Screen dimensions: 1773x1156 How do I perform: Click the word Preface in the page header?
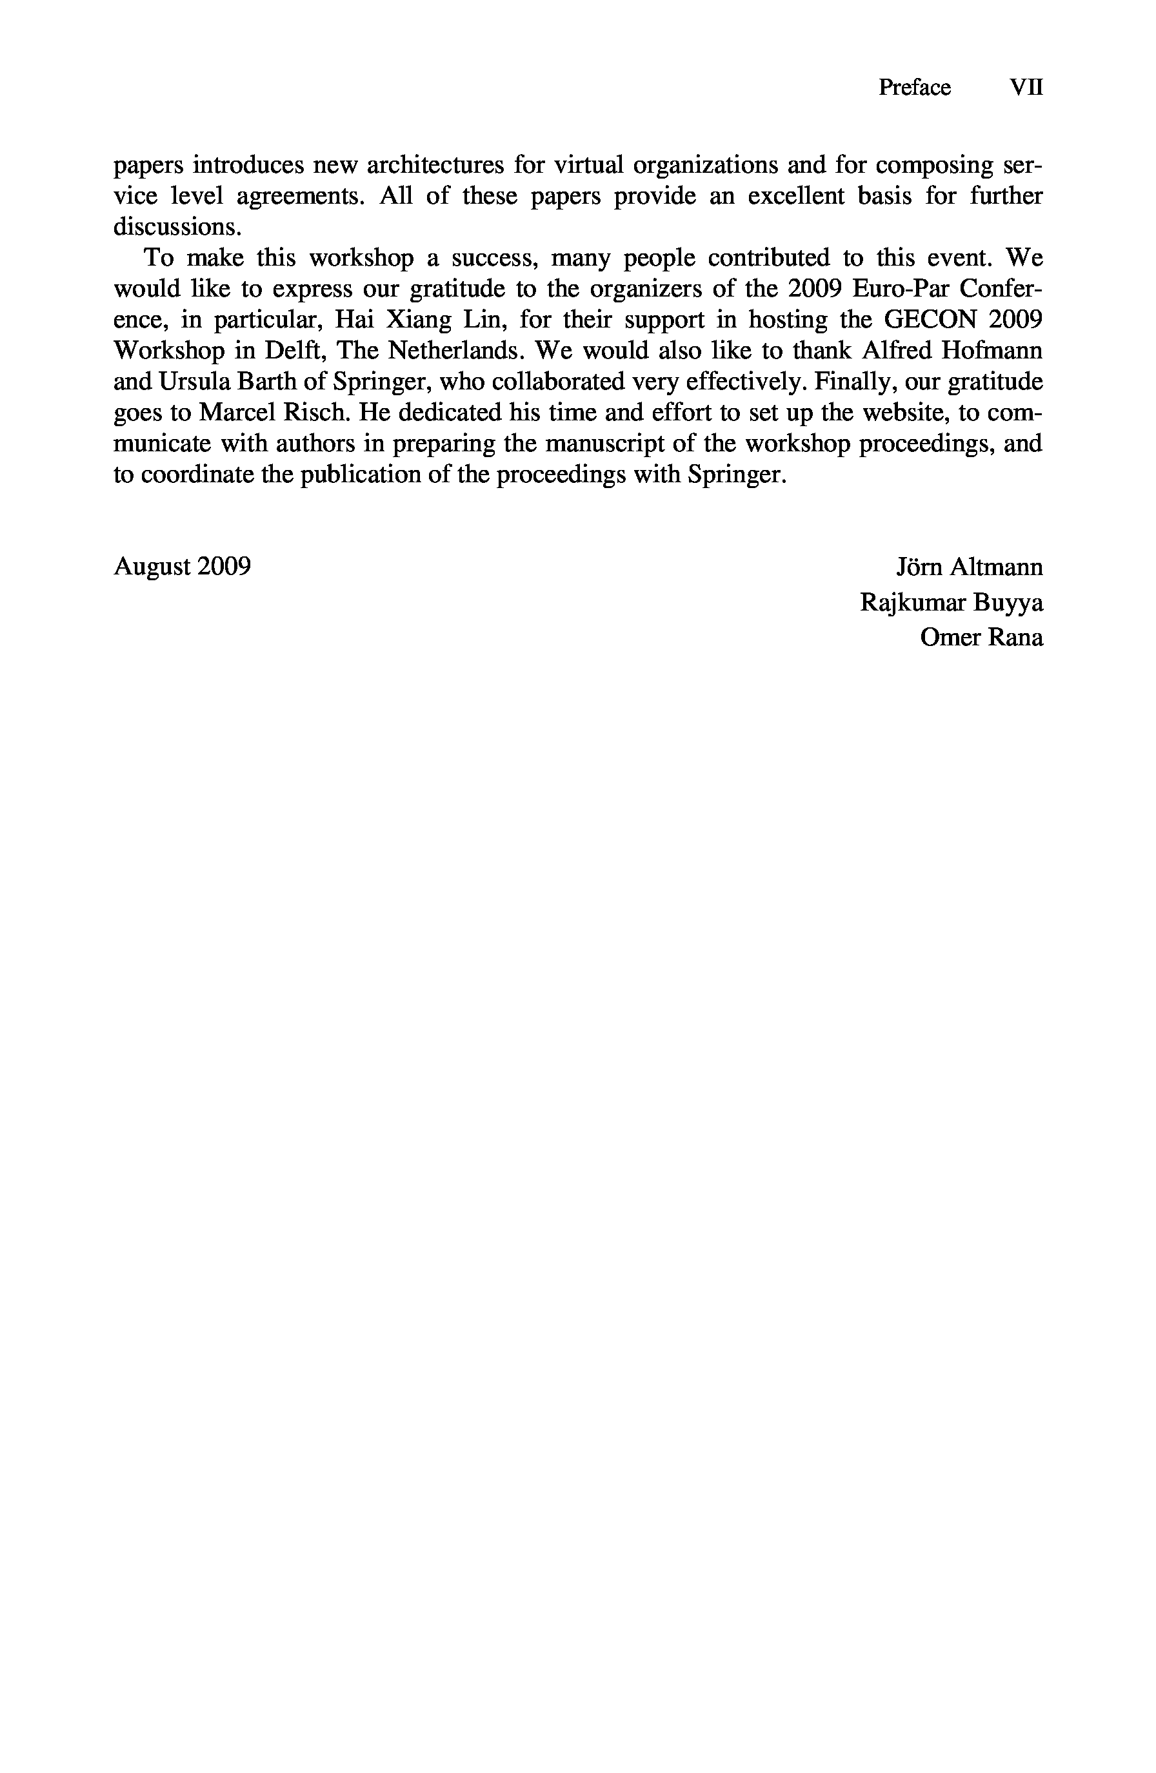tap(914, 88)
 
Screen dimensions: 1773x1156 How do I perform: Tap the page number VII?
tap(1026, 88)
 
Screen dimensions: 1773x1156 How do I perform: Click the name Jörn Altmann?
tap(969, 567)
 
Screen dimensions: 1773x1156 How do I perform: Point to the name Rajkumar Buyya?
tap(951, 603)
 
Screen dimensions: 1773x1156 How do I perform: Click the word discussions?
tap(177, 226)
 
